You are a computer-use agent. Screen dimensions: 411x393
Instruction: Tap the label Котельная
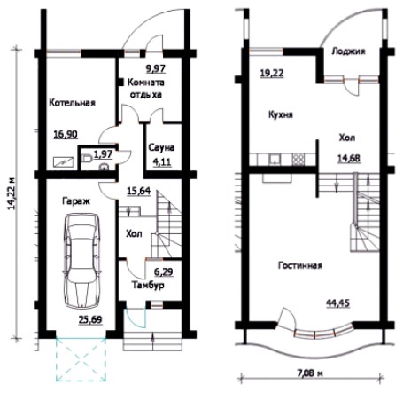72,103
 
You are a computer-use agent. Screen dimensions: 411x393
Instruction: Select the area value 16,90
66,135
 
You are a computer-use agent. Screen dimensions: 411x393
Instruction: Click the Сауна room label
161,147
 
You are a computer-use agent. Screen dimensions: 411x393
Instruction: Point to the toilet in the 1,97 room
86,158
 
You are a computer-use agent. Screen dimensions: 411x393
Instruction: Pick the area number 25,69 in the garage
90,319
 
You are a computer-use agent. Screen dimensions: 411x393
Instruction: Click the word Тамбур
148,286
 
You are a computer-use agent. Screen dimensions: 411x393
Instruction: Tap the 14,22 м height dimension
12,194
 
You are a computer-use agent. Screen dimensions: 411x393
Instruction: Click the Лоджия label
348,51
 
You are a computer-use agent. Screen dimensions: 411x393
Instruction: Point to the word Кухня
281,114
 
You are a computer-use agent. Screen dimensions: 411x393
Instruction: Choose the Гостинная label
300,265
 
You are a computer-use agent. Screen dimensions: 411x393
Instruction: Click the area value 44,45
338,303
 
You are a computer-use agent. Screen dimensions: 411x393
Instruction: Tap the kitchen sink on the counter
275,160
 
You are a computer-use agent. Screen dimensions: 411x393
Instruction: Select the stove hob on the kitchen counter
298,160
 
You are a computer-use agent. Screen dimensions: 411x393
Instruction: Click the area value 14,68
349,159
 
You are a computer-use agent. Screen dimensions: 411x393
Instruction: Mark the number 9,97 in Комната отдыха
156,68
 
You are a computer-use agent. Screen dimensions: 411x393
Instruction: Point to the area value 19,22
272,73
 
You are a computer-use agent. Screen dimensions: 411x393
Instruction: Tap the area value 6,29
164,271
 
